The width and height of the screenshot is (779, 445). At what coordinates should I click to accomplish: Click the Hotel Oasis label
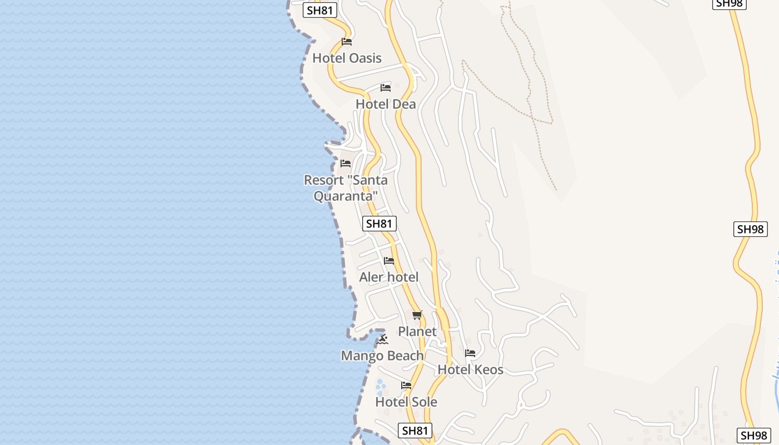[347, 58]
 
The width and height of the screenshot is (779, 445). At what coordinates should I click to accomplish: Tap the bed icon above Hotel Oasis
[347, 42]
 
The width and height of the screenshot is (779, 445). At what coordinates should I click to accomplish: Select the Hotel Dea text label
[386, 104]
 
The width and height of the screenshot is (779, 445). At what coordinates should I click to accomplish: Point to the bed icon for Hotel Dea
[386, 88]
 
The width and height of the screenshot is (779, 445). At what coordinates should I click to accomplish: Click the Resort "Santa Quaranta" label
[346, 188]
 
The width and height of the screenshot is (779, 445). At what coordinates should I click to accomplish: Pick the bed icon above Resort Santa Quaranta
[346, 164]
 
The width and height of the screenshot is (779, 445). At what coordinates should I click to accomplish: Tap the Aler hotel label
[389, 277]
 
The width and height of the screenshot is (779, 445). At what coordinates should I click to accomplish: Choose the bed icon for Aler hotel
[389, 260]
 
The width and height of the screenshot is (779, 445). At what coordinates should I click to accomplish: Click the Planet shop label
[417, 332]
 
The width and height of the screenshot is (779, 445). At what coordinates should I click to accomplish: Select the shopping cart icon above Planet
[417, 315]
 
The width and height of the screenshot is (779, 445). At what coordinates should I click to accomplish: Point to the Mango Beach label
[382, 355]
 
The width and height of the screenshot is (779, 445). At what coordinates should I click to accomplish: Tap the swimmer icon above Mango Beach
[382, 339]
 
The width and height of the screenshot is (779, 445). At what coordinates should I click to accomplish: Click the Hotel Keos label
[470, 369]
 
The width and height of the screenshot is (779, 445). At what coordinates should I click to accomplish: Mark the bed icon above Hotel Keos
[470, 353]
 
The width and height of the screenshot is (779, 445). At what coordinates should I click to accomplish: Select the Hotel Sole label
[406, 402]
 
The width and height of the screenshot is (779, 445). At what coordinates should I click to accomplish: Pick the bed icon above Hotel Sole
[406, 385]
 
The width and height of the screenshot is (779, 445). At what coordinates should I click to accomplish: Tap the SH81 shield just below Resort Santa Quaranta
[379, 224]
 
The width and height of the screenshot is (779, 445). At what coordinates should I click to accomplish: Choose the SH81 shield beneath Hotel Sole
[415, 431]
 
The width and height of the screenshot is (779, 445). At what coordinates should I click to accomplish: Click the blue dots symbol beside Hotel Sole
[381, 385]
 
